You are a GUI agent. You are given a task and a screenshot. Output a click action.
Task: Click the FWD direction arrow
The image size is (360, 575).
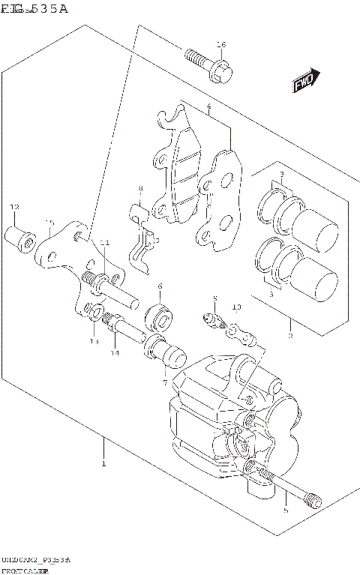(306, 80)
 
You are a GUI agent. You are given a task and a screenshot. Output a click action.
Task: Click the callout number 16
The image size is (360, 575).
(220, 45)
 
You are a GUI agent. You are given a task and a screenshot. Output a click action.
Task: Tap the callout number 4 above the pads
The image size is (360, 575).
(208, 107)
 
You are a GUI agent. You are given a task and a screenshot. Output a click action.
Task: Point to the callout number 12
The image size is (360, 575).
(13, 207)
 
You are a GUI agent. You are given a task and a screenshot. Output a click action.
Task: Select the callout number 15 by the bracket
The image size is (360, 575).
(50, 222)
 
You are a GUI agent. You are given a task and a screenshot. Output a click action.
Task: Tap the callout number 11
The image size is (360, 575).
(105, 242)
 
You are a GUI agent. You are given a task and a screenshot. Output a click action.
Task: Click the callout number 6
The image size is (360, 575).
(160, 286)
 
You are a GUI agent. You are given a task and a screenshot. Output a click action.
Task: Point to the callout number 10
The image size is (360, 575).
(236, 307)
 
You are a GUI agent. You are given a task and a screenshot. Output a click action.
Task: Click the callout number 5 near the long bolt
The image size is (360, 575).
(285, 511)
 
